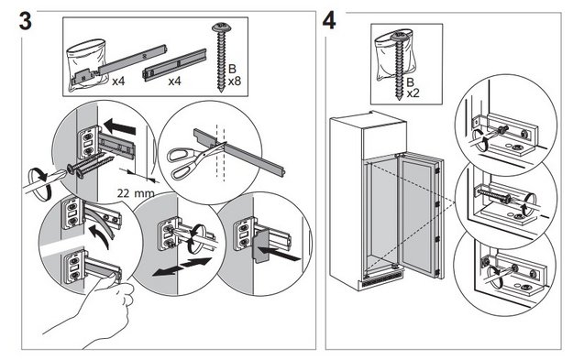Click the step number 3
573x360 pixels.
[x=25, y=21]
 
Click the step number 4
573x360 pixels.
[x=329, y=20]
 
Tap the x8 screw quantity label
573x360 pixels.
[x=235, y=81]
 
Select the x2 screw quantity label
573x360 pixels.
[x=413, y=93]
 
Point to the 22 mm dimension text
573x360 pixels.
[x=136, y=193]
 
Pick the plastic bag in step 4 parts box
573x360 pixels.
[x=394, y=55]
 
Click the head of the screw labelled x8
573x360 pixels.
[x=221, y=27]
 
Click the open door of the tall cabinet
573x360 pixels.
[x=420, y=215]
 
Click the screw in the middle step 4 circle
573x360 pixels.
[x=493, y=195]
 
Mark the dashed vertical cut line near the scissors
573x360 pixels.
[x=220, y=153]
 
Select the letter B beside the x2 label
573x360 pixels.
[x=411, y=82]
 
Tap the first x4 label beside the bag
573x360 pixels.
[x=118, y=81]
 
